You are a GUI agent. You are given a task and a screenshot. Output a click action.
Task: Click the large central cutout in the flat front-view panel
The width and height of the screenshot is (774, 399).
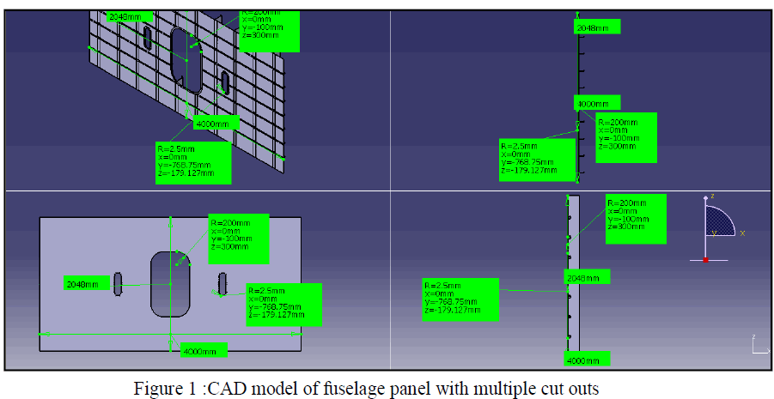click(170, 282)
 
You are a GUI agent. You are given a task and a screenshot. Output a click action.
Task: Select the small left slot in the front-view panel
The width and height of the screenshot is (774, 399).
click(119, 283)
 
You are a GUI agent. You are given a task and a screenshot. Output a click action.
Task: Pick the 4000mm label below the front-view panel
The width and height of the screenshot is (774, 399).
click(204, 350)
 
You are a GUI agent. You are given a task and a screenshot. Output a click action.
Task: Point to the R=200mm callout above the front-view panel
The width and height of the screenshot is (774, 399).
click(238, 234)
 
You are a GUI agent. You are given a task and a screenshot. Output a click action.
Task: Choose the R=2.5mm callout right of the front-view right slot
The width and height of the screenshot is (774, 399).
click(283, 304)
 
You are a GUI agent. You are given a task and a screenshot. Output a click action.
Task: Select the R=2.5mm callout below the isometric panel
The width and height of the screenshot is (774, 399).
click(192, 161)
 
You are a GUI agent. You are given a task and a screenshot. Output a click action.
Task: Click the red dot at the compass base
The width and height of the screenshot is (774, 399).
click(706, 259)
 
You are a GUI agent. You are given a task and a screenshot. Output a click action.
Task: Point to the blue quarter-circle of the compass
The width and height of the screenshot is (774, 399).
click(719, 221)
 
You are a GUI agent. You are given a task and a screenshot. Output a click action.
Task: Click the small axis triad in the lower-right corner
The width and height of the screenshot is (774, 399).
click(757, 345)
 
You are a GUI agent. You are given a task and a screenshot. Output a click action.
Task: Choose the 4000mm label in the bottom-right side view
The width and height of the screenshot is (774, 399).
click(587, 359)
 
